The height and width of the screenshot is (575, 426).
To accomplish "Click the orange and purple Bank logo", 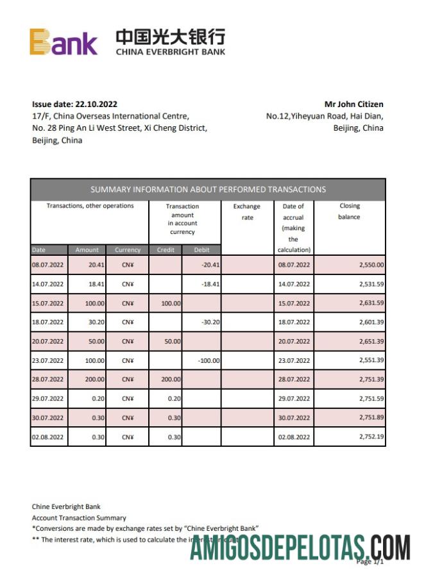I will [63, 42].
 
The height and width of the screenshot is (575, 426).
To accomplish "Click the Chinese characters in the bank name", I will [170, 37].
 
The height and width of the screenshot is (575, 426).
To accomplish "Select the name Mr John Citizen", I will [354, 104].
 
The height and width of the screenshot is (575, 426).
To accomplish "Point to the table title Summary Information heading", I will [208, 189].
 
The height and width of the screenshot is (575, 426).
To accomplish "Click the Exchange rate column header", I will [246, 212].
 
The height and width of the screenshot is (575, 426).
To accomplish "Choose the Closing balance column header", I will [349, 212].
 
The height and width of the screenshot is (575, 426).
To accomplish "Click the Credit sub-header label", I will [166, 249].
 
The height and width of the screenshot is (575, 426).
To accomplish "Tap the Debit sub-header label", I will [201, 249].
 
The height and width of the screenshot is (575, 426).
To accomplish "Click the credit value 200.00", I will [171, 379].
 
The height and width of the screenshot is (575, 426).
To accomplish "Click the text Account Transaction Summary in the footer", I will [79, 517].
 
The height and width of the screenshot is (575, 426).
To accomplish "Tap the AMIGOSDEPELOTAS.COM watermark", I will [300, 549].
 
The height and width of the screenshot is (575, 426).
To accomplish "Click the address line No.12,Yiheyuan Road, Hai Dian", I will [325, 116].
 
